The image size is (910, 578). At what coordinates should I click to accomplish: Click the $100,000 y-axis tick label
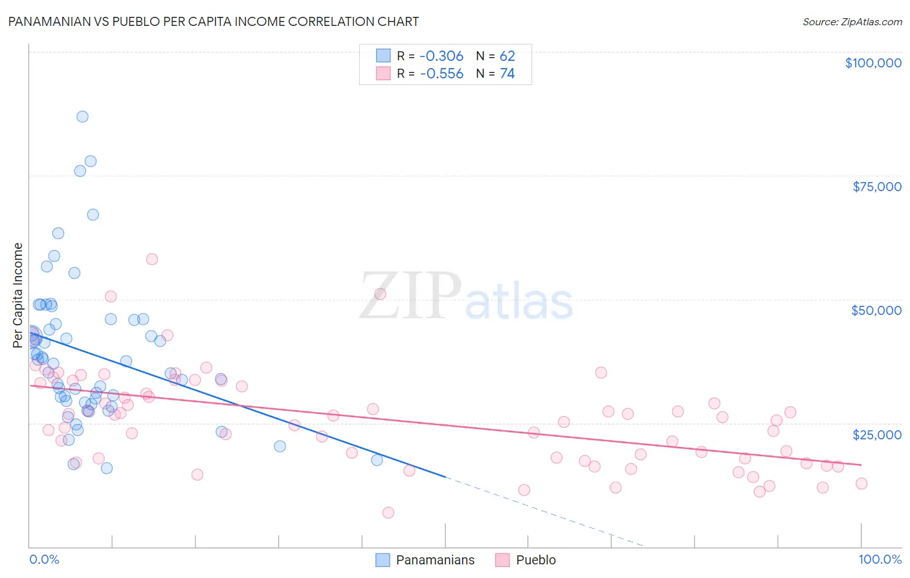point(873,63)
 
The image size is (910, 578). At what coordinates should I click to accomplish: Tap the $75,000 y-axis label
point(877,187)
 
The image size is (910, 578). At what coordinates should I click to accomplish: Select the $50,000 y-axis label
point(876,310)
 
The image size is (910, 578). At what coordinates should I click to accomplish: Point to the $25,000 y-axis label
point(877,434)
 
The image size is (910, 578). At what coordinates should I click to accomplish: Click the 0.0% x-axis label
point(44,559)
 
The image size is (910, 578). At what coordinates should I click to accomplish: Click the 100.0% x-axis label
point(880,559)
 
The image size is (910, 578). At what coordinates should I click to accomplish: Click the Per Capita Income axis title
point(18,295)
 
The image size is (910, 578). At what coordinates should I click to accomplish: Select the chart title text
point(213,21)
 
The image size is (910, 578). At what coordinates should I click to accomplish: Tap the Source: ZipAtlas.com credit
point(852,21)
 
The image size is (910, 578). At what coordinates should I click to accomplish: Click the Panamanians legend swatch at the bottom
point(383,560)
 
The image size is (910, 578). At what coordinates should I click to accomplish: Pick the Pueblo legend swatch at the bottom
point(503,560)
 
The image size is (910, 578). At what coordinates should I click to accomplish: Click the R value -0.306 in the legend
point(441,56)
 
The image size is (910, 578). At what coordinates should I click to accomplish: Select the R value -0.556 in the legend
point(441,74)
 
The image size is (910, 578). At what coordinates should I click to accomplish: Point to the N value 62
point(507,56)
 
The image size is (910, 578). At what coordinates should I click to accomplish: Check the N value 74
point(507,74)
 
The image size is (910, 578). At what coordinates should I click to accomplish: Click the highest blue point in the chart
point(82,117)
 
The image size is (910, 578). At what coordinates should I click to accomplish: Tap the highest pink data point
point(152,259)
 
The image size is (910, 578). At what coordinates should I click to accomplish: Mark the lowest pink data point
point(388,513)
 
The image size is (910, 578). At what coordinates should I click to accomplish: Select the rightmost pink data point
point(861,483)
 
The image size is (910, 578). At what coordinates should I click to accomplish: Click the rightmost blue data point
point(377,460)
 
